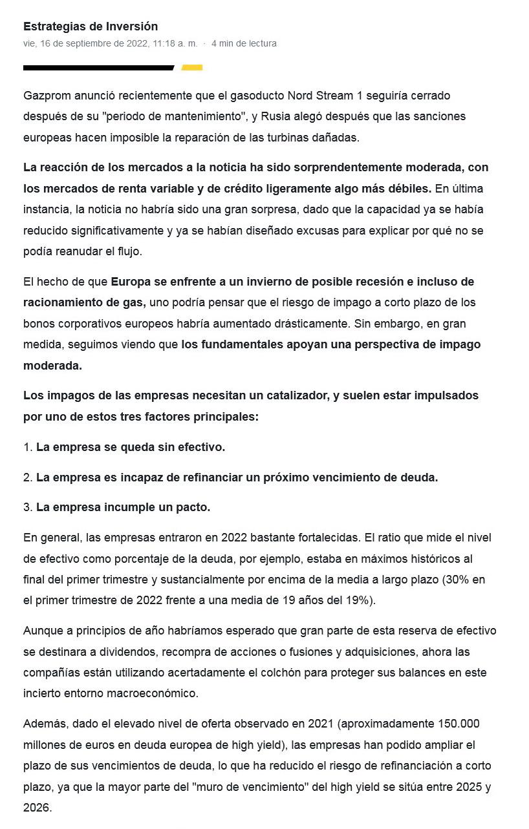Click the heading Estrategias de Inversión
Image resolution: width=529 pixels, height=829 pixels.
coord(91,26)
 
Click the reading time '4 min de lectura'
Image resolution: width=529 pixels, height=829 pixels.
coord(244,43)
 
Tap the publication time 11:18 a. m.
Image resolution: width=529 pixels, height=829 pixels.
coord(175,43)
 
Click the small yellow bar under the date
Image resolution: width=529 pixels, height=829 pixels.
coord(192,67)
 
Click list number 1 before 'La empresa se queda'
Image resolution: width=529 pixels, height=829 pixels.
coord(28,447)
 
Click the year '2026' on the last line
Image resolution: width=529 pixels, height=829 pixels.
coord(37,808)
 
